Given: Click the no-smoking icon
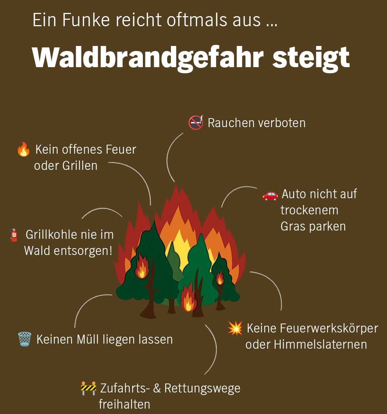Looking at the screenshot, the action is point(196,122).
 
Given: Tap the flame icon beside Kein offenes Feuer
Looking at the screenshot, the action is point(23,149).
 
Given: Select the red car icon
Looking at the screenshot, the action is point(270,195).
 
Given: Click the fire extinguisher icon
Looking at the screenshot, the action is point(14,235).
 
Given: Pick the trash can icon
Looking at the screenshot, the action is point(24,339).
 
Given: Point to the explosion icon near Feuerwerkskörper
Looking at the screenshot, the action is point(235,328).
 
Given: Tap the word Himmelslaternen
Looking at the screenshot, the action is point(321,344).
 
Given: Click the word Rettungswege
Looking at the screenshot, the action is point(202,389).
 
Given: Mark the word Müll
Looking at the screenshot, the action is point(88,339).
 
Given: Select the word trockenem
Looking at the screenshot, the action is point(309,210).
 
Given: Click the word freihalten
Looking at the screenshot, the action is point(125,404).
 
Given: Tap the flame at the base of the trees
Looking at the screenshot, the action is point(188,298).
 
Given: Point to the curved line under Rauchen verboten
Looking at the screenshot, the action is point(168,157).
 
